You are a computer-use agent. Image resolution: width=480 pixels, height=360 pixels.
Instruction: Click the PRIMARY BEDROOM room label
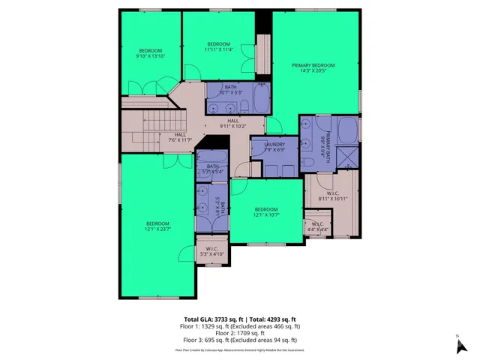click(313, 65)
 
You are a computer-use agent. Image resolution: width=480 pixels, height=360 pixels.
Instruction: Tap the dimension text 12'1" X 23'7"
click(157, 229)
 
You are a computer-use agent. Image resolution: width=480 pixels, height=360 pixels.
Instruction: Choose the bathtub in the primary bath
click(347, 129)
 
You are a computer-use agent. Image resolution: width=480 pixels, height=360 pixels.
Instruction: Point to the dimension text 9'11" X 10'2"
click(233, 126)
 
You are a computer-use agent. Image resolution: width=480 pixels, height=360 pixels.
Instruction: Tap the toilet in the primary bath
click(308, 164)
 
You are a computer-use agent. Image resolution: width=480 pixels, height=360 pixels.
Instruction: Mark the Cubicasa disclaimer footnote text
click(240, 349)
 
